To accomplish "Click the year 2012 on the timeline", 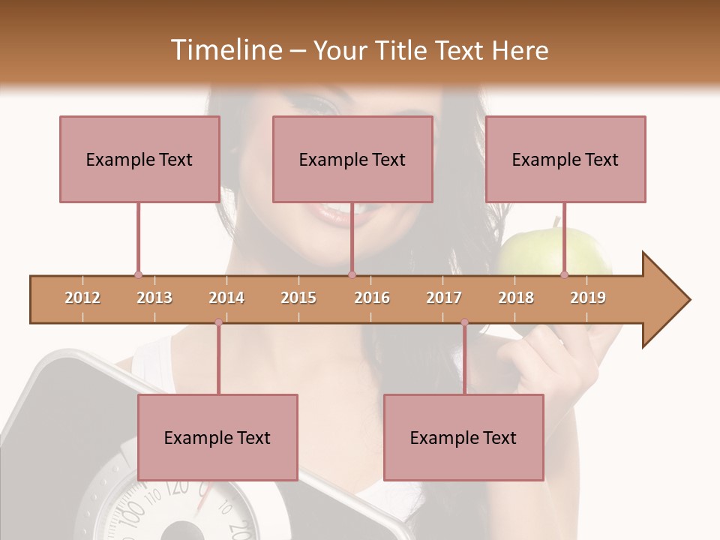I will tap(82, 298).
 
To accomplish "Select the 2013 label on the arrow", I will tap(154, 298).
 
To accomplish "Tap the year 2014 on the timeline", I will tap(226, 298).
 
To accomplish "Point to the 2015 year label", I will tap(298, 298).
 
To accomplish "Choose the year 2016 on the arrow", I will tap(372, 298).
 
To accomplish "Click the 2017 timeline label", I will tap(444, 298).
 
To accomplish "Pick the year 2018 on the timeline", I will tap(516, 298).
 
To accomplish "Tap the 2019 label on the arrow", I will tap(588, 298).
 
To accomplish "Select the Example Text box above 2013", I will tap(139, 159).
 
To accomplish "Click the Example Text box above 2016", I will tap(352, 159).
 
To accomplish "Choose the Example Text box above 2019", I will tap(565, 159).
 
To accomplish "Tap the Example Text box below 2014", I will tap(217, 437).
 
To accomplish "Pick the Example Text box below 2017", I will tap(463, 437).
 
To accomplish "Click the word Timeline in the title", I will tap(226, 50).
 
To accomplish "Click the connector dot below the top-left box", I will tap(138, 274).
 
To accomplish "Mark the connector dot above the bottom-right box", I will tap(464, 322).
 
